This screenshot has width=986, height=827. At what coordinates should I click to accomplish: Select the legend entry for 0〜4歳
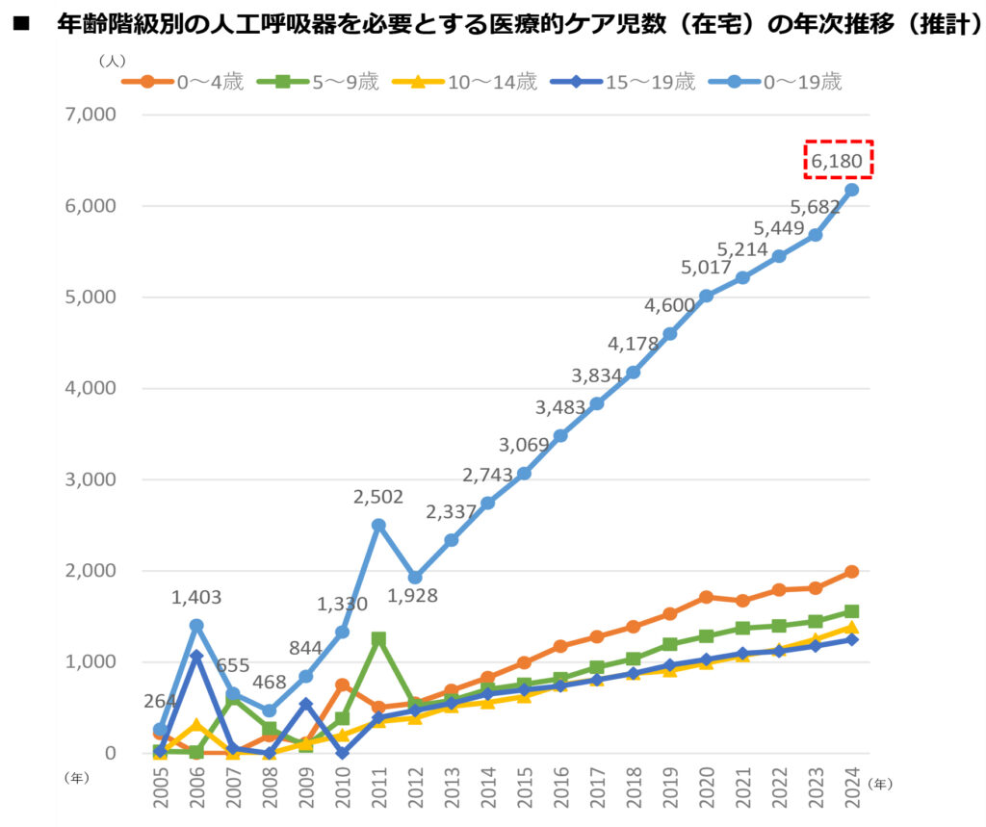183,82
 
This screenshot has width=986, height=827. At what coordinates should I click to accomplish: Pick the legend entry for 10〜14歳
471,82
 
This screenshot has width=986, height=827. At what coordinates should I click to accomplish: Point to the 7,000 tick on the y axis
90,115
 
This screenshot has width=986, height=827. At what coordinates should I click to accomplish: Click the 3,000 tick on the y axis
90,479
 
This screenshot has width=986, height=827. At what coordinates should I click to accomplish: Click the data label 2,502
378,497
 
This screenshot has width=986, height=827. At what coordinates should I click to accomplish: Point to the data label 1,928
413,596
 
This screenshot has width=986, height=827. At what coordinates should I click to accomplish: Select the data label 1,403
196,598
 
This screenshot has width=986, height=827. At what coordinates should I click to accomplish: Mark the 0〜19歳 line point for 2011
378,525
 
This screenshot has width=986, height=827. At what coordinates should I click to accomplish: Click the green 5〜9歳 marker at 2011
378,638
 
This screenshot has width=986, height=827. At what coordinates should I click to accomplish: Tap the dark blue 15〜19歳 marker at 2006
196,657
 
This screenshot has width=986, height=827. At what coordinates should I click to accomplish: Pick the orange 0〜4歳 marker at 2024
851,572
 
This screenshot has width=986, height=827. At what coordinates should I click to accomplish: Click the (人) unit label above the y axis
112,60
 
